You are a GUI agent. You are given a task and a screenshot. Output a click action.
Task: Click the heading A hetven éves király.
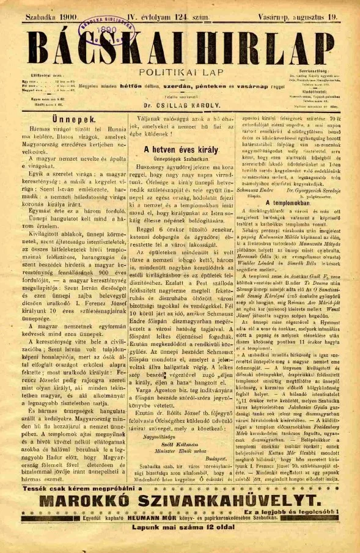tap(180, 149)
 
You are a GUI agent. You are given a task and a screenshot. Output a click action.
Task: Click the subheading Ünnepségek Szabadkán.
tap(180, 159)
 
